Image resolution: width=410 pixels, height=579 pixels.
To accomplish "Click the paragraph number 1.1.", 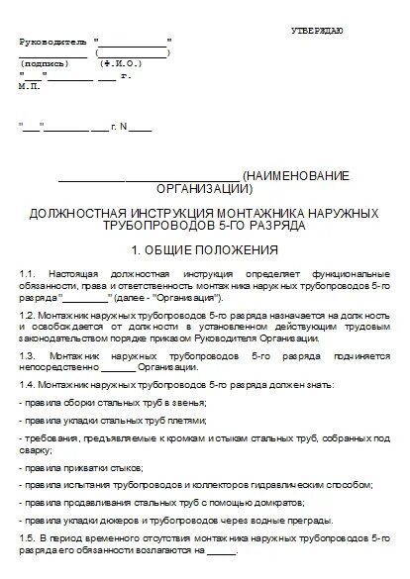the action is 27,272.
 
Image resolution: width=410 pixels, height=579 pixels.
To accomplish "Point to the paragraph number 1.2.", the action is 27,312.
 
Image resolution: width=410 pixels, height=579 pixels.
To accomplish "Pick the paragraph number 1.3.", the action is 27,353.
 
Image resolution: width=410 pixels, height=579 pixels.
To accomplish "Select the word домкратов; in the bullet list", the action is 274,501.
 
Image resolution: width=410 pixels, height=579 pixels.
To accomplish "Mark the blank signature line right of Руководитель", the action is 133,43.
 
